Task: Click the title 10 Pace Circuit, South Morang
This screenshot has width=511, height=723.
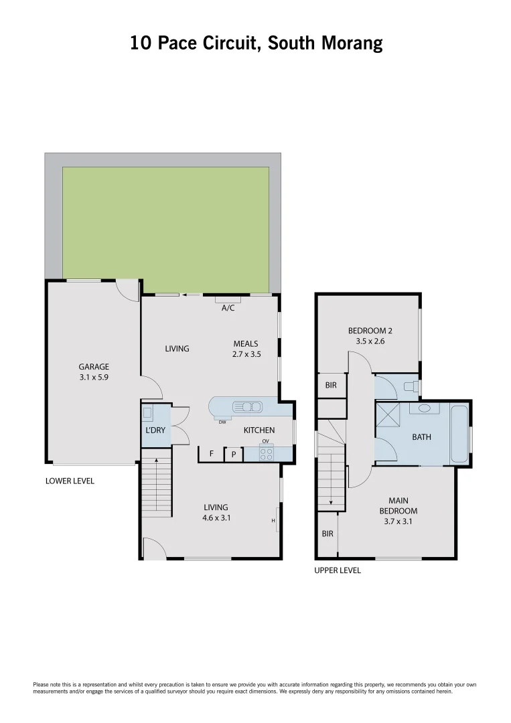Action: pos(256,44)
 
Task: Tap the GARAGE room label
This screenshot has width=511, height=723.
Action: pos(94,366)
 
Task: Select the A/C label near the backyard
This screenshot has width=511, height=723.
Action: pos(228,308)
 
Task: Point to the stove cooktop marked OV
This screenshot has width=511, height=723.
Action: pos(266,453)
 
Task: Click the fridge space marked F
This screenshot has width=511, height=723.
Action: pos(212,454)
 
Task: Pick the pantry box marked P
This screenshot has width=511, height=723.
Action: pos(233,454)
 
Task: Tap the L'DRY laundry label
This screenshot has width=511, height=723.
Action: pos(155,430)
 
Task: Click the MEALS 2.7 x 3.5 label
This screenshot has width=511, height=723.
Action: pos(246,349)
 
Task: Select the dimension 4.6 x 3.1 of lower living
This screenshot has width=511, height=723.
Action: pos(216,517)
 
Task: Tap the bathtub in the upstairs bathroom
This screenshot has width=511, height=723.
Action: pos(459,434)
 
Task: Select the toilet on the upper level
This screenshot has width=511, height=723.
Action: pos(411,386)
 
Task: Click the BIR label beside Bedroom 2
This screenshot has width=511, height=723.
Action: pos(330,386)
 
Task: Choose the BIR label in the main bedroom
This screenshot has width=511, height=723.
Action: pos(327,534)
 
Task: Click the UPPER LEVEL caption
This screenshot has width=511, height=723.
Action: pos(338,570)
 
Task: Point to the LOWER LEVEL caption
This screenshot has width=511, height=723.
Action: pos(70,481)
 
